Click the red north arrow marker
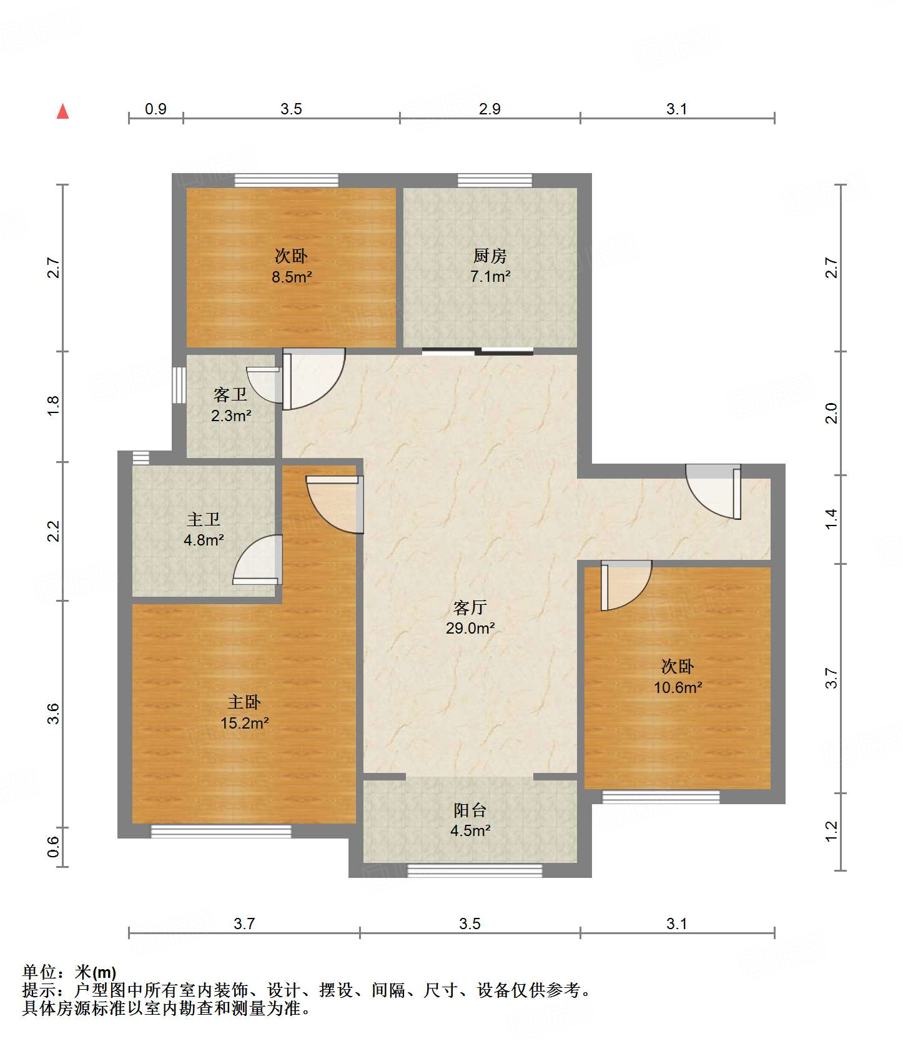coord(62,111)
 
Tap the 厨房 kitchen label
coord(490,256)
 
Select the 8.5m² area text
coord(291,276)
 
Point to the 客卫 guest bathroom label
coord(230,394)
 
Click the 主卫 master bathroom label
coord(204,519)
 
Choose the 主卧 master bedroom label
coord(244,702)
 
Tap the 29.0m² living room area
coord(470,628)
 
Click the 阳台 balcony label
coord(470,810)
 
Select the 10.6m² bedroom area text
coord(678,687)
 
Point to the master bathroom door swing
coord(257,560)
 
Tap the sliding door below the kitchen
coord(478,352)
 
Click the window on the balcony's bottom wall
coord(475,870)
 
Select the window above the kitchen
coord(495,181)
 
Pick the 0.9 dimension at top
coord(155,109)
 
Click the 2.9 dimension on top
coord(490,109)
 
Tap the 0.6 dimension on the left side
coord(54,847)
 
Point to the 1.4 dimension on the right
coord(831,519)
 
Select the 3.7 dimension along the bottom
coord(244,924)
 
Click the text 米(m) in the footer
coord(96,972)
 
